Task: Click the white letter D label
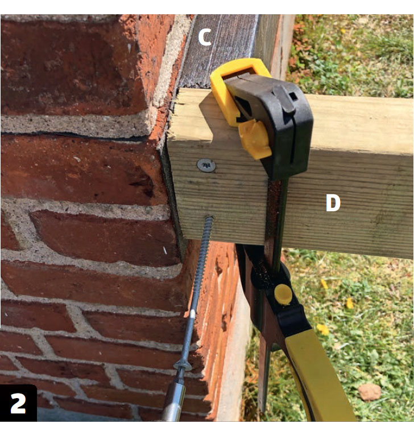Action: [333, 203]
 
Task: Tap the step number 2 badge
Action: [18, 403]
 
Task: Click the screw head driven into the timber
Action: [206, 165]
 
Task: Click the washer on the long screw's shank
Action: [183, 366]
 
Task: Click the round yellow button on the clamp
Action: [283, 294]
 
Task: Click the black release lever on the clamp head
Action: [284, 99]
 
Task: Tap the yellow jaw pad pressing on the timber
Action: [254, 138]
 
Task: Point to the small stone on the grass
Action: [370, 392]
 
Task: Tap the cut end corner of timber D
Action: [168, 134]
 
